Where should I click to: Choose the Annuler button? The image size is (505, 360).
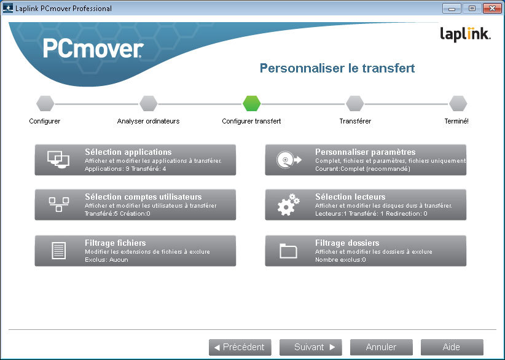381,347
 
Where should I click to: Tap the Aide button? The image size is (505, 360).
452,347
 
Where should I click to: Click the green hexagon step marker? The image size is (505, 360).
252,103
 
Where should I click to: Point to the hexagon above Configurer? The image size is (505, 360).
45,103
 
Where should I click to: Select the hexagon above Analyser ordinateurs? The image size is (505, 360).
149,103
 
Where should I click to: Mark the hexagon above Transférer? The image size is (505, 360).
355,103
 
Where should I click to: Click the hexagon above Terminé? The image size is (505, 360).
458,103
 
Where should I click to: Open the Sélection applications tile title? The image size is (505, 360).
128,152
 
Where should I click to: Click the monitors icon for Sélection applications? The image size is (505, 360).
58,160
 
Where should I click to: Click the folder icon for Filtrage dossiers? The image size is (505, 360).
288,251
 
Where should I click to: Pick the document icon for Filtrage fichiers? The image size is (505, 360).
58,251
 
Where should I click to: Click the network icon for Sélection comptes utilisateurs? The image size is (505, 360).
58,205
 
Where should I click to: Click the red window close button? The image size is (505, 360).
490,9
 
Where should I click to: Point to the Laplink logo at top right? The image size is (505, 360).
465,34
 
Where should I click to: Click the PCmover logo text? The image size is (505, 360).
93,49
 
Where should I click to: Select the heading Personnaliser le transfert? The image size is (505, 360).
337,68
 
